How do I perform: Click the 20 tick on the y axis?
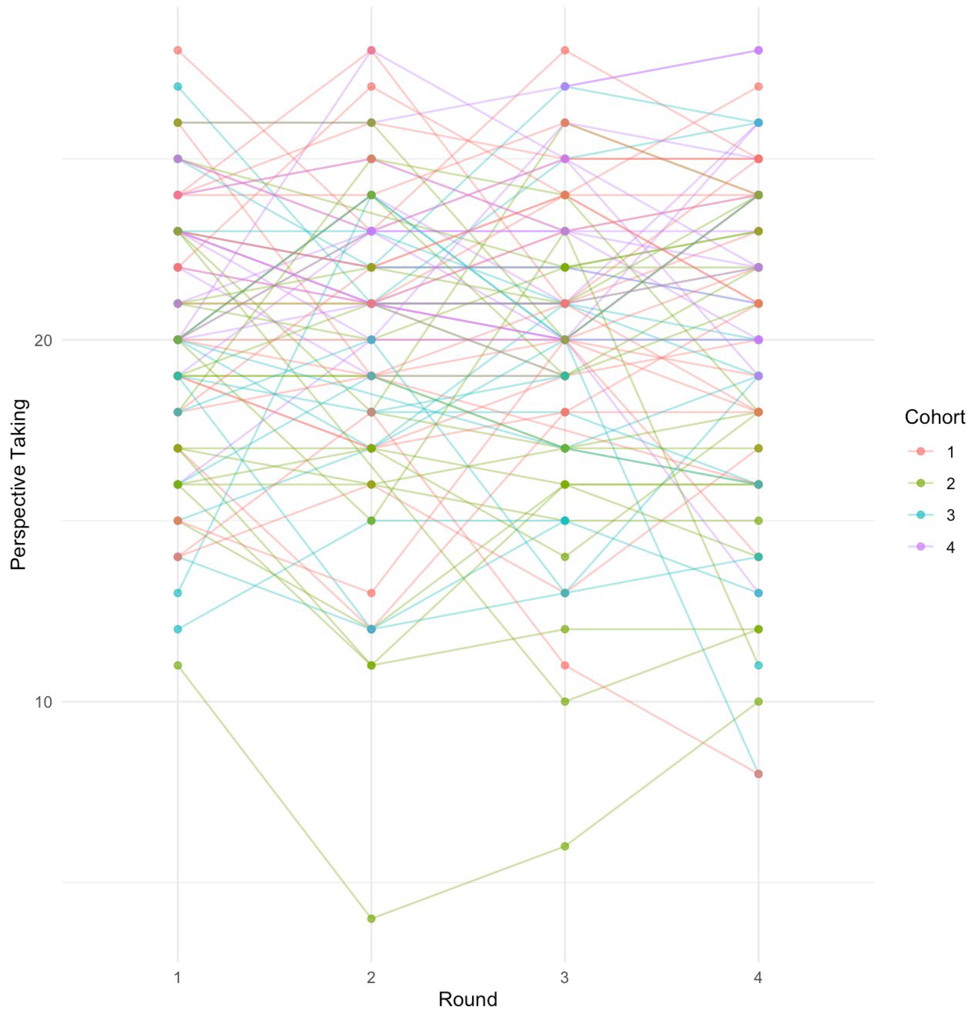point(44,340)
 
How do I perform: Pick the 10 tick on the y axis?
point(44,702)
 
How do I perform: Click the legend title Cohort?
point(935,417)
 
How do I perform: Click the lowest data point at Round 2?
point(371,918)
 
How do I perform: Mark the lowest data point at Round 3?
point(565,846)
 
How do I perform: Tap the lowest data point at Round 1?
point(177,665)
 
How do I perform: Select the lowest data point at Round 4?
point(758,774)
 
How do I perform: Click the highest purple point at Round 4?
point(758,50)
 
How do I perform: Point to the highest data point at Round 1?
point(177,50)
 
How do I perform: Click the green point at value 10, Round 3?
point(565,702)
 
